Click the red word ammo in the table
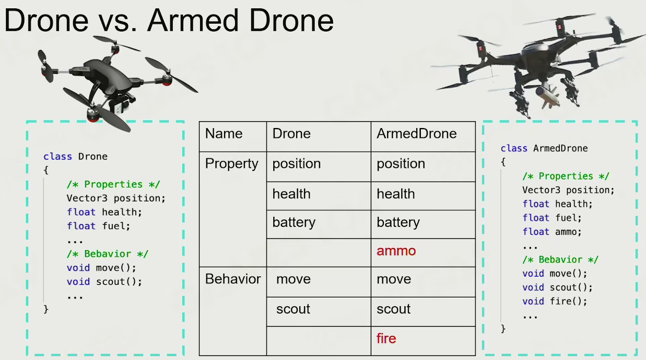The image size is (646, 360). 396,251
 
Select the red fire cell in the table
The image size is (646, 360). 386,339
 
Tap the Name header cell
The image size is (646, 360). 224,134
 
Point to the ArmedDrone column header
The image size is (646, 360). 416,134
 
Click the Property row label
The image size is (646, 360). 231,164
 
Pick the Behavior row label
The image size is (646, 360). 233,279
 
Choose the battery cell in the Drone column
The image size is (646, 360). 293,223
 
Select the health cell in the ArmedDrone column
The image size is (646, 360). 395,194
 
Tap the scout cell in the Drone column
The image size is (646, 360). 293,309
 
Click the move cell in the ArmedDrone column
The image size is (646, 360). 394,280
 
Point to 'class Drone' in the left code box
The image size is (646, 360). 75,157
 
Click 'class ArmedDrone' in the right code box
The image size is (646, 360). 544,148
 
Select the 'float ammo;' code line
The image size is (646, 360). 551,232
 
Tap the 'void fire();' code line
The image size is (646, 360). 554,301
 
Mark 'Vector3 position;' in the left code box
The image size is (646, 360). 115,199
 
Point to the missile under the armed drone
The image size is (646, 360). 548,97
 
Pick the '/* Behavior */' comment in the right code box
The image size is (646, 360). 560,260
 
